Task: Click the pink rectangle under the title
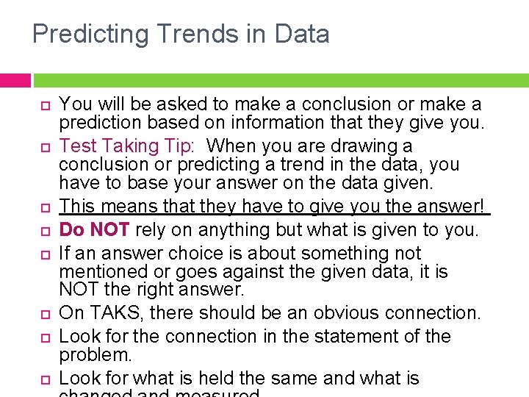coord(15,80)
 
